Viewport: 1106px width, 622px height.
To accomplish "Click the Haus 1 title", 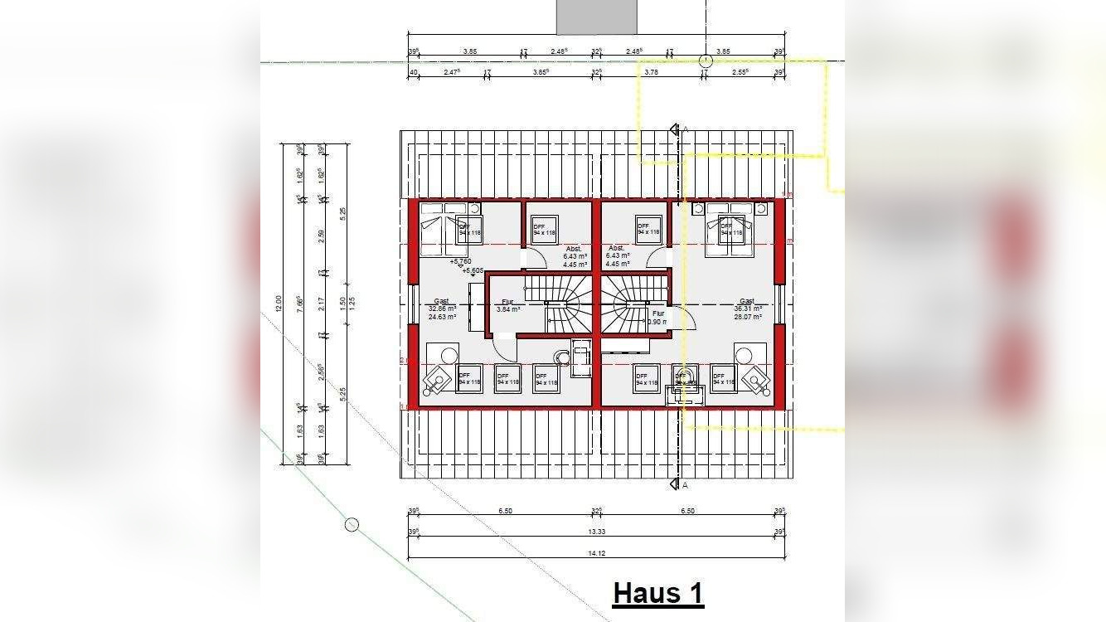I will tap(658, 594).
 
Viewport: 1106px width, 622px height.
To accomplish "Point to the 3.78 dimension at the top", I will tap(651, 73).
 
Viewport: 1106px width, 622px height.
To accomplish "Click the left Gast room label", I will tap(441, 301).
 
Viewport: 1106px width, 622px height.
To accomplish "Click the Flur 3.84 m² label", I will tap(507, 305).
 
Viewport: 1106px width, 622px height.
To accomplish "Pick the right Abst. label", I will tap(617, 249).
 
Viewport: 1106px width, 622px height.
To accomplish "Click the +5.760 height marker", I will tap(461, 261).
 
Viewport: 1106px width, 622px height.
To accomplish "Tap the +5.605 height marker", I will tap(473, 270).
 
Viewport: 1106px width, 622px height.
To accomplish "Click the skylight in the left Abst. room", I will tap(545, 230).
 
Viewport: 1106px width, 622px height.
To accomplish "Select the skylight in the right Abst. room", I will tap(648, 230).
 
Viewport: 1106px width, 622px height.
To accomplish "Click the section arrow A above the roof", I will tap(676, 129).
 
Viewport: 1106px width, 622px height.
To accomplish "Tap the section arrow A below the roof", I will tap(676, 484).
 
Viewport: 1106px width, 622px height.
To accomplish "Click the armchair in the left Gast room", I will tap(436, 381).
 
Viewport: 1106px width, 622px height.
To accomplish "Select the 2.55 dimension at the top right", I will tap(740, 73).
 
